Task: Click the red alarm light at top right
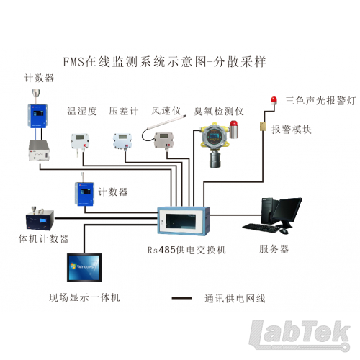(x=274, y=100)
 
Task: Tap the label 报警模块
(x=292, y=130)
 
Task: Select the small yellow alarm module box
(x=264, y=126)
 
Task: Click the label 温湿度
(x=82, y=112)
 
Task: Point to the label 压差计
(x=124, y=111)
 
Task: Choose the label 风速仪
(x=166, y=111)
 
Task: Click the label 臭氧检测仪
(x=219, y=112)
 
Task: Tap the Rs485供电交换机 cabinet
(x=184, y=220)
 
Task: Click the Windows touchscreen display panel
(x=84, y=267)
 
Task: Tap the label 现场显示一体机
(x=84, y=297)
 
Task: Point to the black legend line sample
(x=181, y=298)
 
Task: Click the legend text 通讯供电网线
(x=235, y=299)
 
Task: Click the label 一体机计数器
(x=38, y=239)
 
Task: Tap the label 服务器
(x=274, y=249)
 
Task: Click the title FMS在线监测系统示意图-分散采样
(x=164, y=62)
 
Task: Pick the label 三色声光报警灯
(x=320, y=101)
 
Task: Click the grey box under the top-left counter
(x=39, y=150)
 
